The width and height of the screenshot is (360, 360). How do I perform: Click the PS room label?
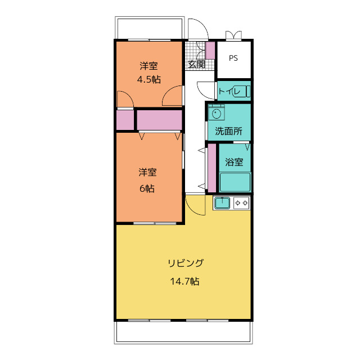233,58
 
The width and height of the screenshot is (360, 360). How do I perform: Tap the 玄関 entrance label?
196,65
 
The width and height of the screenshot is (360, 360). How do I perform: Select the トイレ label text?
229,91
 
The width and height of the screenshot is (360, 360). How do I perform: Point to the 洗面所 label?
229,131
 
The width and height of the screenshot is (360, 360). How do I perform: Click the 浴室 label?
234,162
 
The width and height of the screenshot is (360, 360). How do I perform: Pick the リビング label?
186,263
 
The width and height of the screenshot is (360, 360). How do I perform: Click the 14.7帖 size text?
184,281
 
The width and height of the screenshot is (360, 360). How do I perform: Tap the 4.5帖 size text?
148,79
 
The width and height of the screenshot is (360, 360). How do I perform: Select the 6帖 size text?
147,188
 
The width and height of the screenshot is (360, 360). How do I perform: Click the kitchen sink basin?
222,203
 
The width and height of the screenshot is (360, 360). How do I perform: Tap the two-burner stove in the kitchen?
241,203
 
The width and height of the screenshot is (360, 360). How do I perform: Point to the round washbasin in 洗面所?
217,114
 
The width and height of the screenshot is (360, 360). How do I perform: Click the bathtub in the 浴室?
235,182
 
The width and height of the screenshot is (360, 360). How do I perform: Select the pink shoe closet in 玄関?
210,50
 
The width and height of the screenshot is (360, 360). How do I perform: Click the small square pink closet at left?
125,120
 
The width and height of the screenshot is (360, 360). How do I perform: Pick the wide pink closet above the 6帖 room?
160,120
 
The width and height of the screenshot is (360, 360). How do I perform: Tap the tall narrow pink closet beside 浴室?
212,168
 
